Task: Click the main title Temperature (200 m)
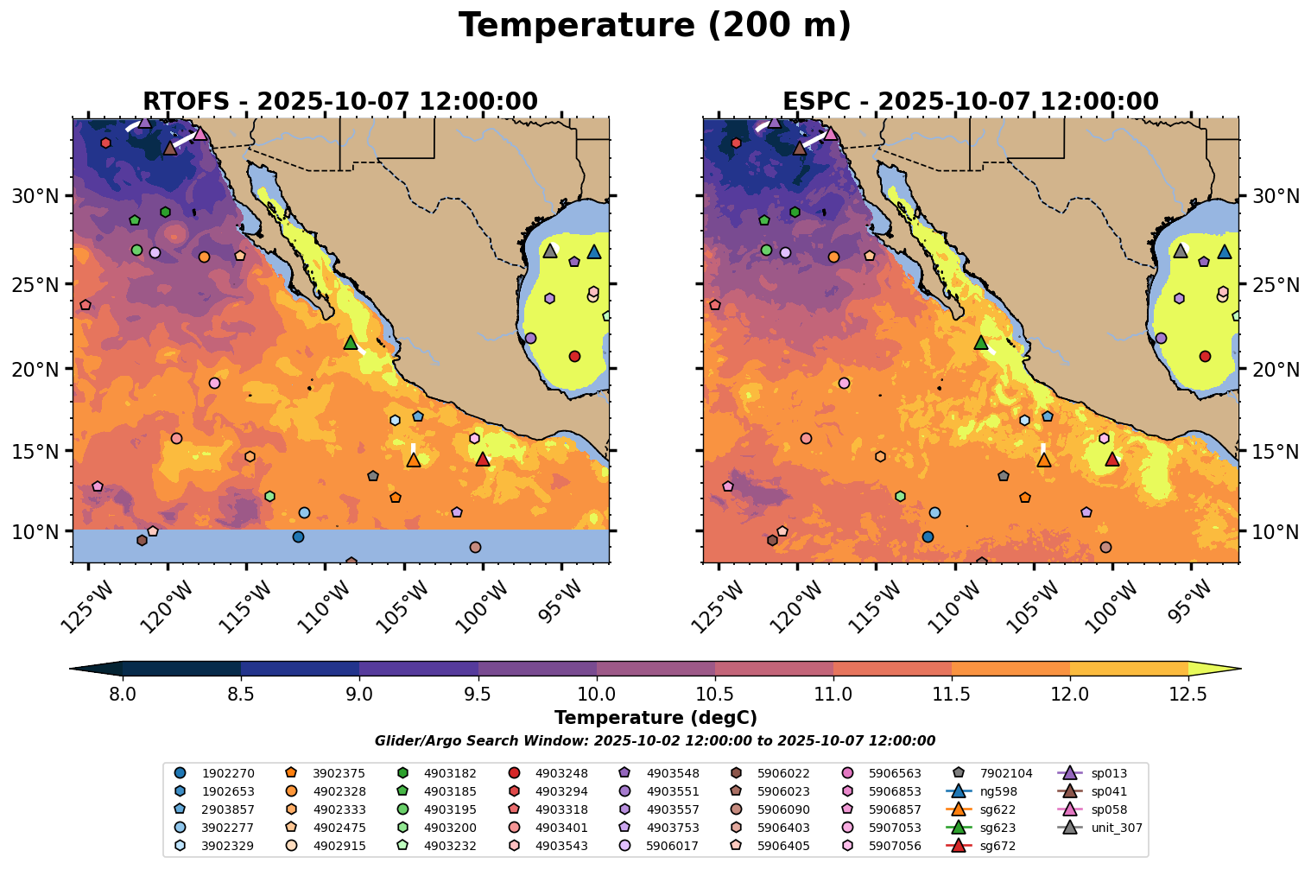coord(655,26)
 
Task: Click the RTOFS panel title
coord(340,102)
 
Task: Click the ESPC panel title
coord(970,102)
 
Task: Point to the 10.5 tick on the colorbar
coord(714,694)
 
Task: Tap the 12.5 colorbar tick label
coord(1187,694)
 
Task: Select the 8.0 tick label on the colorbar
coord(123,694)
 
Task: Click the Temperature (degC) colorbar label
coord(655,718)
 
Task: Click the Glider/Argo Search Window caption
coord(655,741)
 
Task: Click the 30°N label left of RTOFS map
coord(35,196)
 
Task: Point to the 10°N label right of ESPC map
coord(1275,531)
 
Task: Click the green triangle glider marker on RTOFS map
coord(351,343)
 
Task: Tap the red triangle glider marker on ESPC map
coord(1112,460)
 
